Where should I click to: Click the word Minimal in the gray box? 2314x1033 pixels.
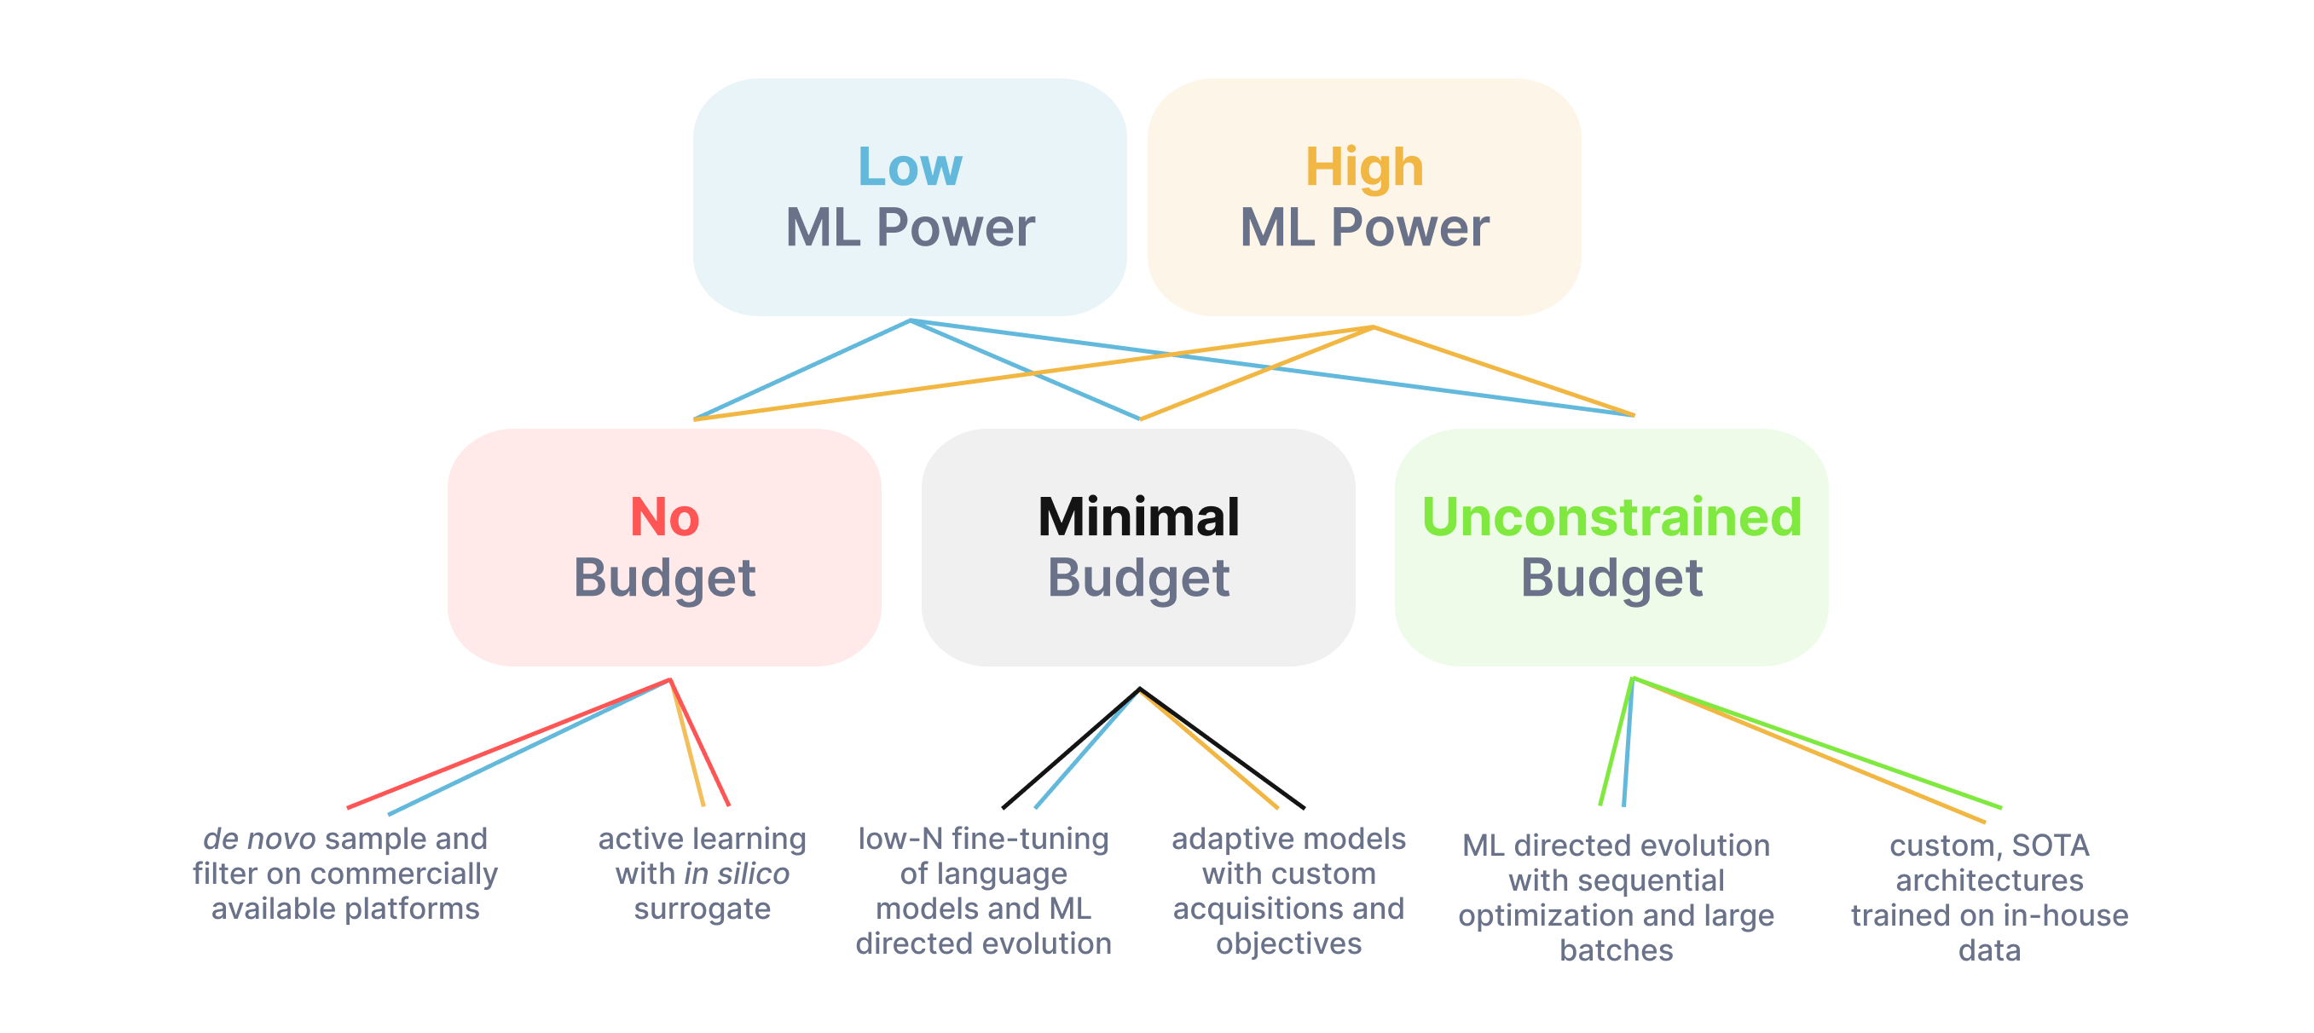1138,517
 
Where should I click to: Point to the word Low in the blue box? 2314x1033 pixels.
909,167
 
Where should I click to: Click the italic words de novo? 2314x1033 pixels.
258,839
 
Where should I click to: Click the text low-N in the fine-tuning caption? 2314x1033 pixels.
900,839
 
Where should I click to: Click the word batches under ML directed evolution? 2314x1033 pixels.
1616,950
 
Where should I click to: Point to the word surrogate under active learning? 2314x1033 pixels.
702,909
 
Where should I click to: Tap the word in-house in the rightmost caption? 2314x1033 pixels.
2065,915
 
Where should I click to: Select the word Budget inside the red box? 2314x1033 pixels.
664,577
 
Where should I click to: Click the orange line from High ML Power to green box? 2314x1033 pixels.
1509,372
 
